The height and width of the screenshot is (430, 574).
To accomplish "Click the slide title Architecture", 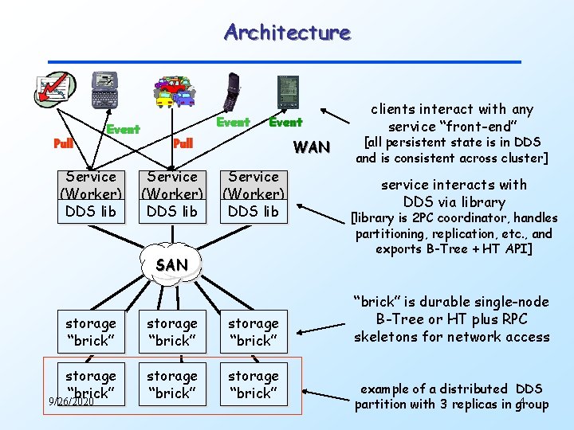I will (287, 33).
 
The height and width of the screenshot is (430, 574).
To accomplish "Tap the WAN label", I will (310, 147).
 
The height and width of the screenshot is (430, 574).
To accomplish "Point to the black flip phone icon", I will (233, 91).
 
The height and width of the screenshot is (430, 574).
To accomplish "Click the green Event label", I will (123, 129).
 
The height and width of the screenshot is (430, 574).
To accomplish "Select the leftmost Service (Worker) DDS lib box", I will (91, 194).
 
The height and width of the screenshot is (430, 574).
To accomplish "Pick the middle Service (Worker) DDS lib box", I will (172, 194).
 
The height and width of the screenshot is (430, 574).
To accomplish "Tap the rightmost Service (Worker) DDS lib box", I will (254, 194).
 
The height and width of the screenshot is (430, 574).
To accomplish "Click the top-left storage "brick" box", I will (91, 332).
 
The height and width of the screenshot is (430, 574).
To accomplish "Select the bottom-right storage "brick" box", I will (254, 384).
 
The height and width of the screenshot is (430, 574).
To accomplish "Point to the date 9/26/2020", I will (71, 401).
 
